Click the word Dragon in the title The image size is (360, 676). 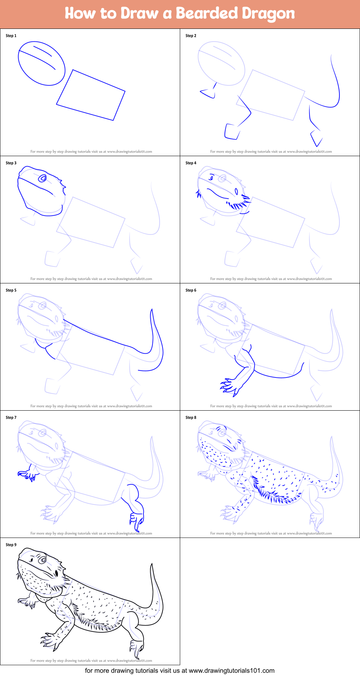click(268, 14)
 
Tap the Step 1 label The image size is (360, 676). click(11, 36)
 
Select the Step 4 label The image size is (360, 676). click(191, 163)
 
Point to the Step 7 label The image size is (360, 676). click(11, 417)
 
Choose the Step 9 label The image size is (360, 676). click(11, 545)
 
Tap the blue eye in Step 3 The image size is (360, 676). click(43, 178)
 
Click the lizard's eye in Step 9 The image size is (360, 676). click(43, 560)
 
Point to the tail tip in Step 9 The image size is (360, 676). click(152, 564)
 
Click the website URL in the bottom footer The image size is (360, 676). click(232, 671)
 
